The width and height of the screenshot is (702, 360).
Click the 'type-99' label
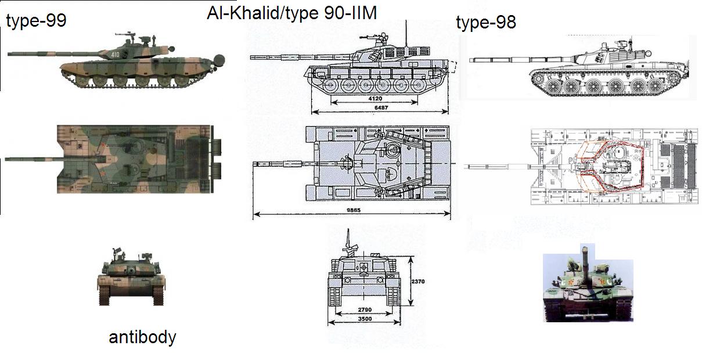36,21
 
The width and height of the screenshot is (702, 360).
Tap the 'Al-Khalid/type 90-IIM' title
291,13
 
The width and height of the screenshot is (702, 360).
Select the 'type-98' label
486,23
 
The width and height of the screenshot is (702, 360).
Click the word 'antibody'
142,337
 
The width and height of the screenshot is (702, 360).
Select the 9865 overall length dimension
350,210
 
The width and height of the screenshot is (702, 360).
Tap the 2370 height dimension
419,282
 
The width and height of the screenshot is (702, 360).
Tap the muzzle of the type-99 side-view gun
10,55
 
